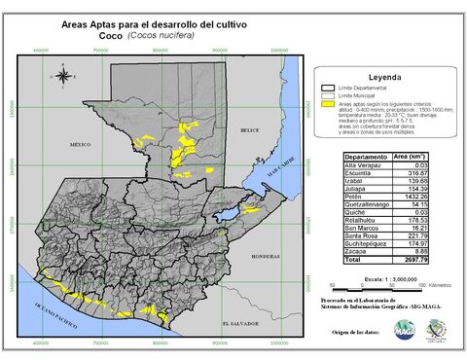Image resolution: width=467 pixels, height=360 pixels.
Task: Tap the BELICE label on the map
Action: pos(251,129)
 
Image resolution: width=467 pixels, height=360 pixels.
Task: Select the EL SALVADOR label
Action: pos(238,322)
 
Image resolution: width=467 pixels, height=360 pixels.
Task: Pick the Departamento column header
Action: pos(367,155)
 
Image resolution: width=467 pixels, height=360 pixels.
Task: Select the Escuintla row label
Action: pos(361,173)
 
